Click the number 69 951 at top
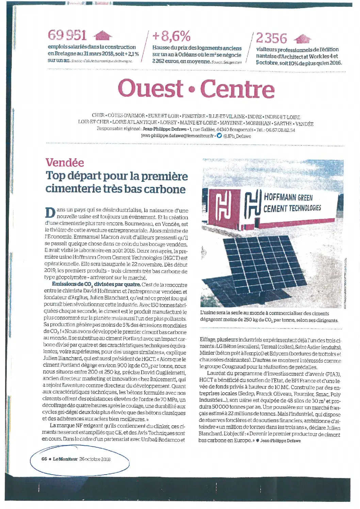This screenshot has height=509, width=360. (x=67, y=35)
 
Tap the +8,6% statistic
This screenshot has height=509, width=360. (x=171, y=36)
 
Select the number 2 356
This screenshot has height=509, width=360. (x=272, y=38)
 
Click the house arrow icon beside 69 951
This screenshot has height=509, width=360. (x=102, y=35)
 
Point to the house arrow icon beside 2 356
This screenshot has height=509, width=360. (x=302, y=39)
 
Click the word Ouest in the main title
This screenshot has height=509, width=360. (x=150, y=88)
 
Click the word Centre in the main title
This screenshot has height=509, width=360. (x=237, y=89)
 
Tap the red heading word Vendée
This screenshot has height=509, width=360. (x=65, y=162)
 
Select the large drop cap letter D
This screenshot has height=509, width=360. (x=50, y=213)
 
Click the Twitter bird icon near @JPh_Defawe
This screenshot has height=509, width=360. (x=219, y=136)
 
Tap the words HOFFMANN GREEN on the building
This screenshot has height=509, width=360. (x=288, y=197)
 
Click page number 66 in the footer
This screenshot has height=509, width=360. (x=44, y=459)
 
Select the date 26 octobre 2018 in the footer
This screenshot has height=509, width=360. (x=95, y=459)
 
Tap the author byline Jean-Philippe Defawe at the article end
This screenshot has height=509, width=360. (x=280, y=441)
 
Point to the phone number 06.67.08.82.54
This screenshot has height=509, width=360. (x=280, y=130)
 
